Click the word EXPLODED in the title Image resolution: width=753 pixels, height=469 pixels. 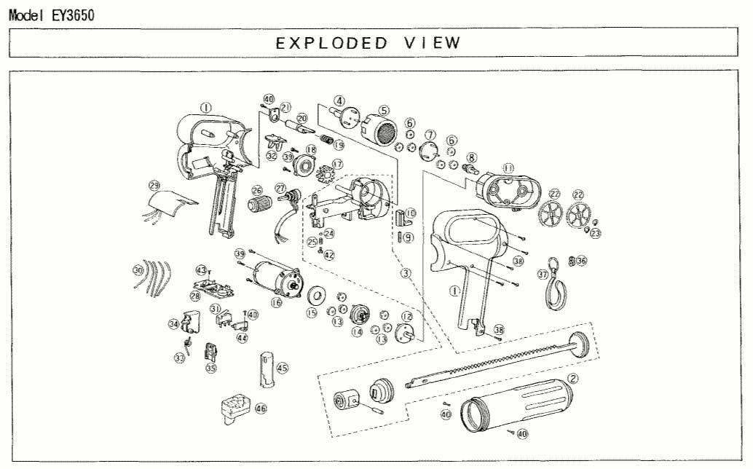tap(331, 42)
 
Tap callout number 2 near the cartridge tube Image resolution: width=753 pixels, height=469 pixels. tap(573, 379)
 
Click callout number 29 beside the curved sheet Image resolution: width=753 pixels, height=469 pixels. tap(154, 184)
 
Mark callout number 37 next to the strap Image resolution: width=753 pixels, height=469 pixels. tap(542, 275)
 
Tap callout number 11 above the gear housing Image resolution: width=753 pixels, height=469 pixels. tap(508, 168)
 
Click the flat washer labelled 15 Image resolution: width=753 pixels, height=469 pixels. tap(315, 295)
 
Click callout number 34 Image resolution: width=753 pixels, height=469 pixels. tap(173, 324)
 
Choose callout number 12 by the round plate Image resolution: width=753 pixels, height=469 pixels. tap(408, 317)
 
